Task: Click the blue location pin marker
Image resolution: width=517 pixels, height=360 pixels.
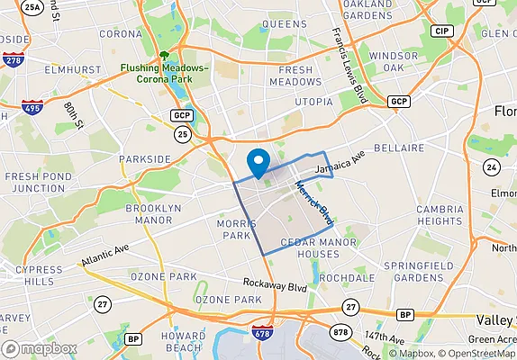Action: pos(259,163)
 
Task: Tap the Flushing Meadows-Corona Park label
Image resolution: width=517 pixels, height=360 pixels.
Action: pos(165,73)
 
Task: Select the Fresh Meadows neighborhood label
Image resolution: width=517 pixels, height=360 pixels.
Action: pos(295,76)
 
